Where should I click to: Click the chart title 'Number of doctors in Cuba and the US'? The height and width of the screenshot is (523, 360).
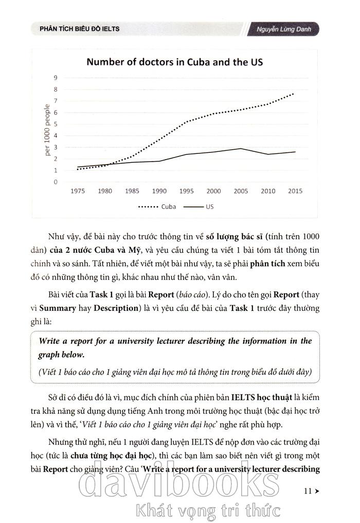175,62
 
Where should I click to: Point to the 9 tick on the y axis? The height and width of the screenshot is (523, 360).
56,78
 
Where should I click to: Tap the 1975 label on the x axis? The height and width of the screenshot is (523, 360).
78,191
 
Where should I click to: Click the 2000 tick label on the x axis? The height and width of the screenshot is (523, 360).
213,191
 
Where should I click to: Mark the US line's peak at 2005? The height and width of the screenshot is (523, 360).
240,148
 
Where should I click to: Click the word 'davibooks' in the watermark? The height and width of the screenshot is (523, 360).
177,481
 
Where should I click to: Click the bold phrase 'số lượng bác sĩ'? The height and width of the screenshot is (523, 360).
234,237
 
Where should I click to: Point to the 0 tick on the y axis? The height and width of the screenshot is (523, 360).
56,182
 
